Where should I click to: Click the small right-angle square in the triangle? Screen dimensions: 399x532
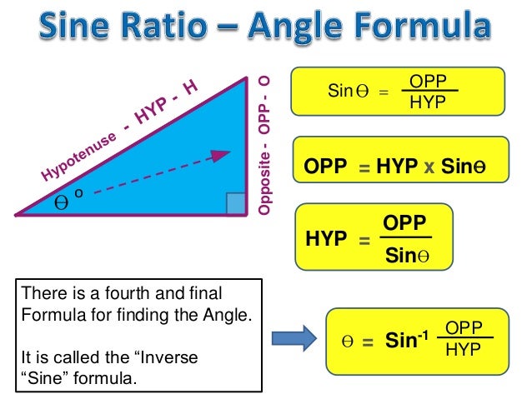[236, 203]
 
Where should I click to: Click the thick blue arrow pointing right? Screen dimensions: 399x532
[294, 337]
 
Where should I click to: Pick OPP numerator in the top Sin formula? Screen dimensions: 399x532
[429, 81]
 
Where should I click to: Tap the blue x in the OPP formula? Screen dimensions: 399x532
[429, 167]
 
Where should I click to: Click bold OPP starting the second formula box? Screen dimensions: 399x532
[325, 167]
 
